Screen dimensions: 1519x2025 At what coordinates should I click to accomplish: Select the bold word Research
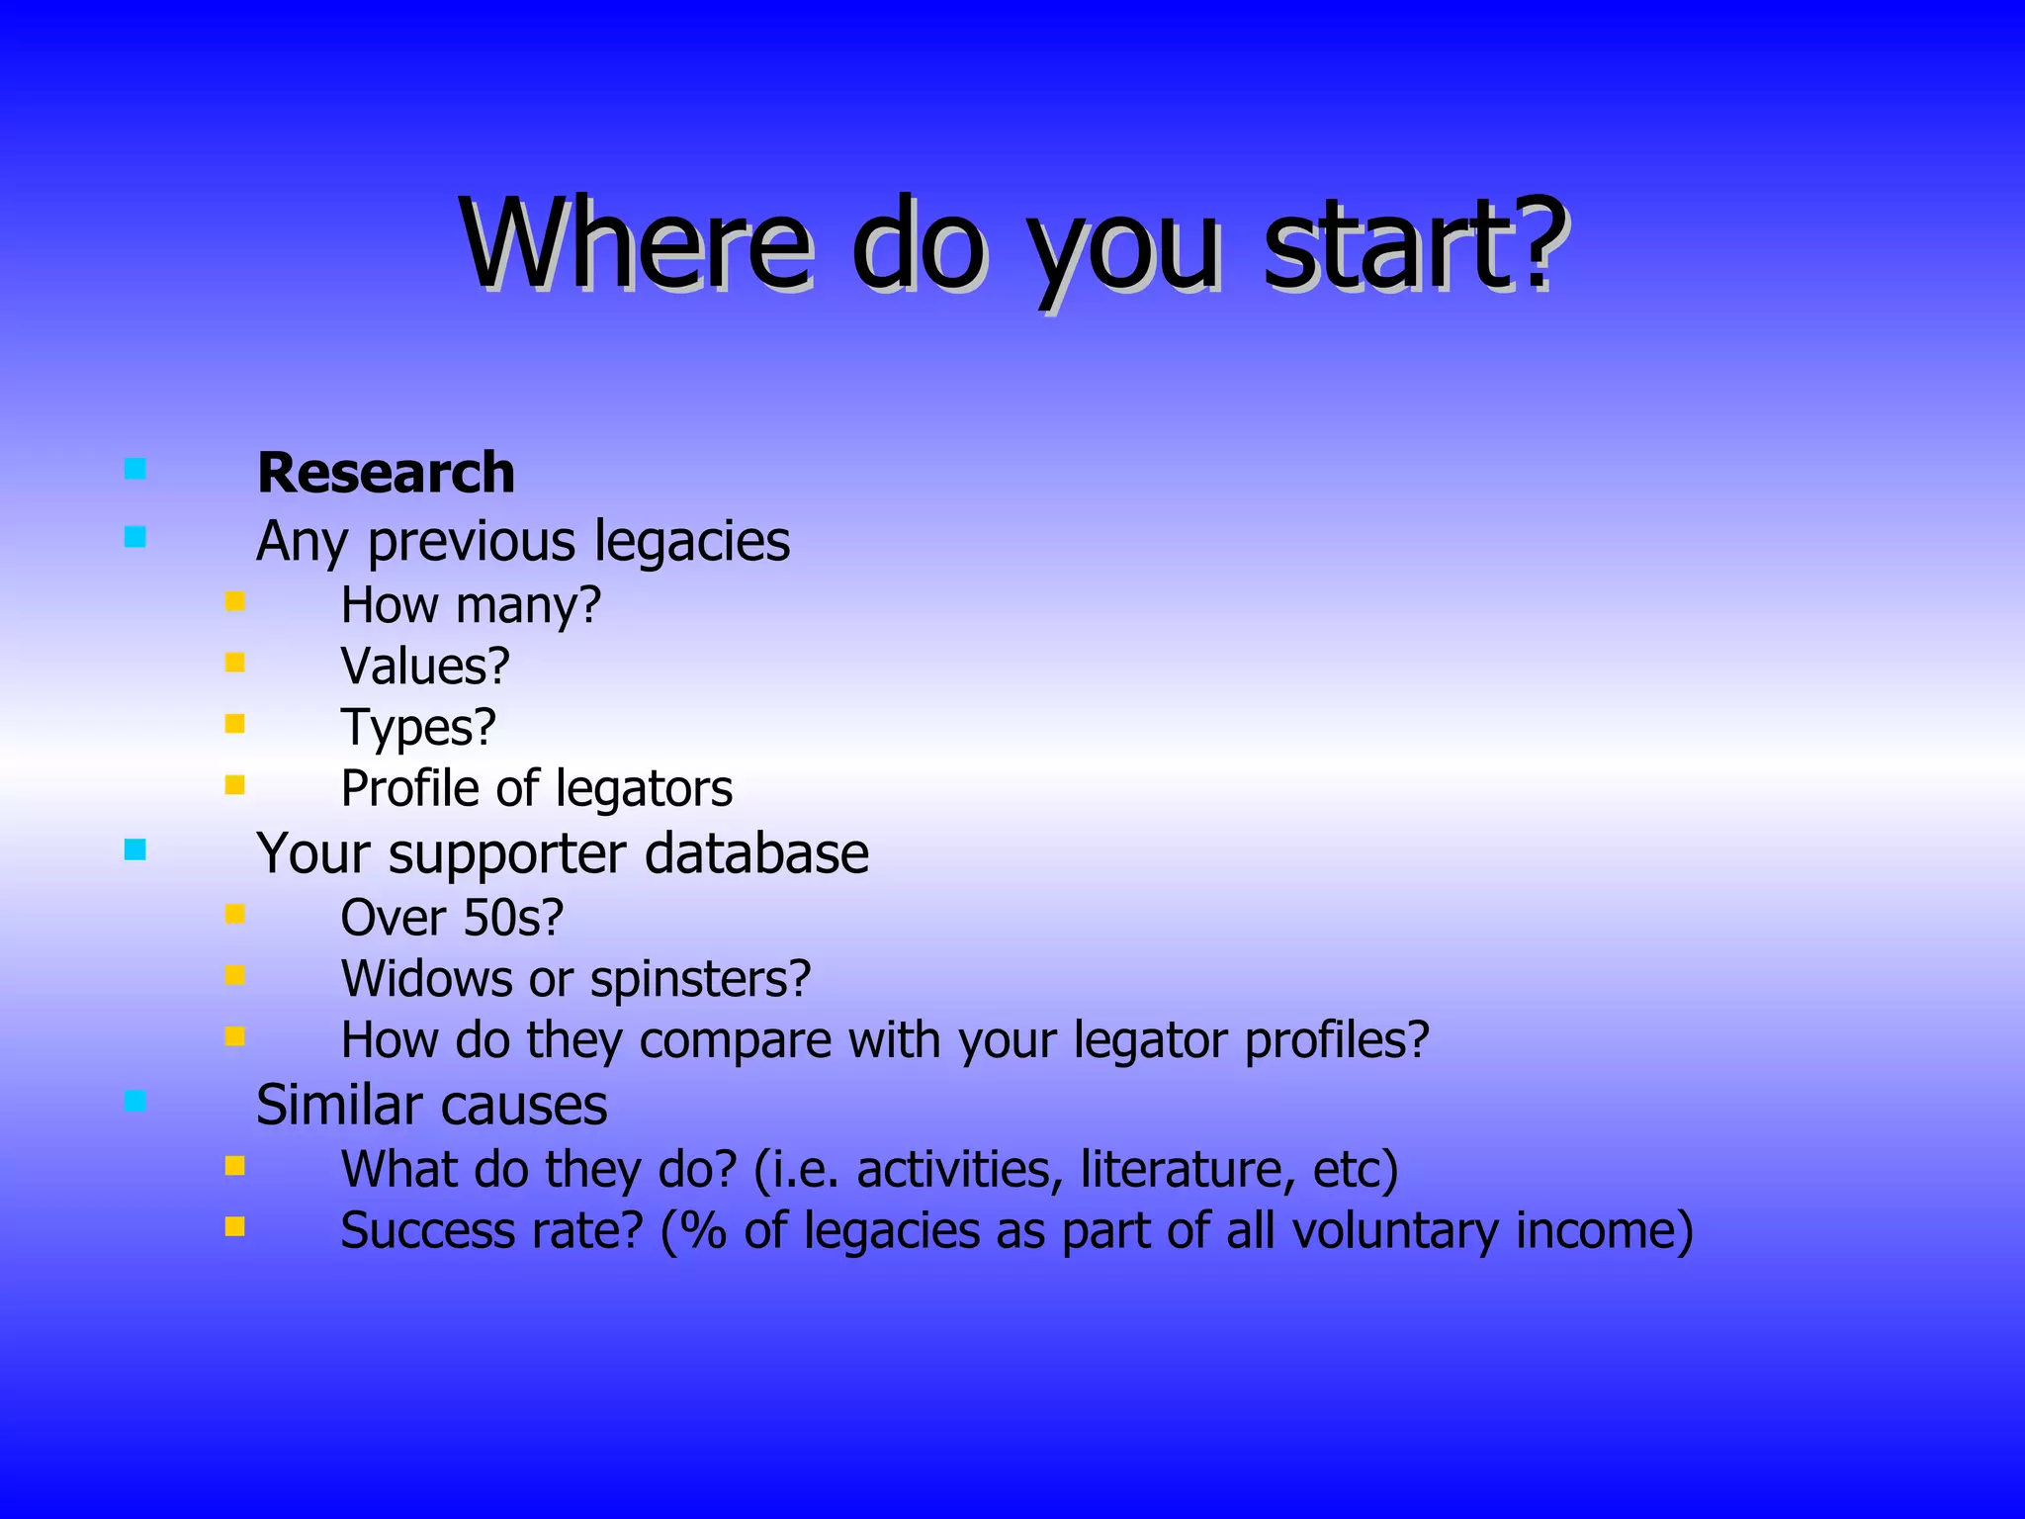point(386,473)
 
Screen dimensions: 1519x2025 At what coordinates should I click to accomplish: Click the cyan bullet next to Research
point(135,469)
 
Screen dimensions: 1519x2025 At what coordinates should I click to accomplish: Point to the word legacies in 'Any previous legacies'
point(691,542)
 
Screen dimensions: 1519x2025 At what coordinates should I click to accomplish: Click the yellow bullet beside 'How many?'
point(234,601)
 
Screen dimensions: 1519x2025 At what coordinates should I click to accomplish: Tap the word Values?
point(425,666)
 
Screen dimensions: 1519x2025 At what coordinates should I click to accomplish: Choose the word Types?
point(418,728)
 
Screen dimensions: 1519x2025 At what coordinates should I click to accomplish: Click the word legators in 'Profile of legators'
point(644,789)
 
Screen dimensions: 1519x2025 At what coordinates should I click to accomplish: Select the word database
point(756,853)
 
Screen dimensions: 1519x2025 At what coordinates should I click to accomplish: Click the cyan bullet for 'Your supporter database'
point(135,849)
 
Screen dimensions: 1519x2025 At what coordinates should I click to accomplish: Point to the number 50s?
point(513,918)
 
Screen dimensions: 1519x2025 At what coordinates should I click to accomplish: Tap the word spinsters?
point(700,980)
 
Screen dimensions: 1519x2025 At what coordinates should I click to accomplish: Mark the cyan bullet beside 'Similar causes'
point(135,1101)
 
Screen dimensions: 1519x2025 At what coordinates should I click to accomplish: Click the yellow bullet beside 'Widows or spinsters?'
point(234,976)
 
